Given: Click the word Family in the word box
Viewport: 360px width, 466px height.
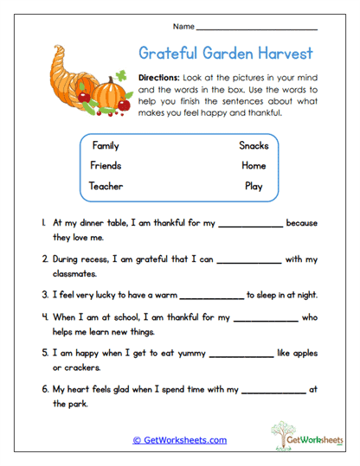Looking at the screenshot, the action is click(x=105, y=146).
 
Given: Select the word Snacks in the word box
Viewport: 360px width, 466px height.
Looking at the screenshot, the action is click(x=254, y=146).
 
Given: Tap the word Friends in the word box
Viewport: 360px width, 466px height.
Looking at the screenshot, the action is click(x=106, y=165).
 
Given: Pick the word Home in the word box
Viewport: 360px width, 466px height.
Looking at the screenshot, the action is click(x=254, y=165).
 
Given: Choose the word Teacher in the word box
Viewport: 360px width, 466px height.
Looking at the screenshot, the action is click(x=106, y=185).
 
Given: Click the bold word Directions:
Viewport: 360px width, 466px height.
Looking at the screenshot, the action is click(x=160, y=77).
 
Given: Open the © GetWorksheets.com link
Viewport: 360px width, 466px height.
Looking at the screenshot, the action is click(x=179, y=440).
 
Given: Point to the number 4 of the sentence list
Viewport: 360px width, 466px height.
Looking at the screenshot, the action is click(x=43, y=317).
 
